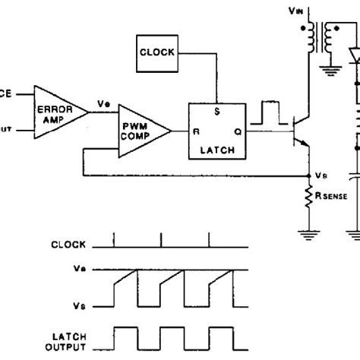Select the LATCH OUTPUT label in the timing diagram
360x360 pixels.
coord(66,341)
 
